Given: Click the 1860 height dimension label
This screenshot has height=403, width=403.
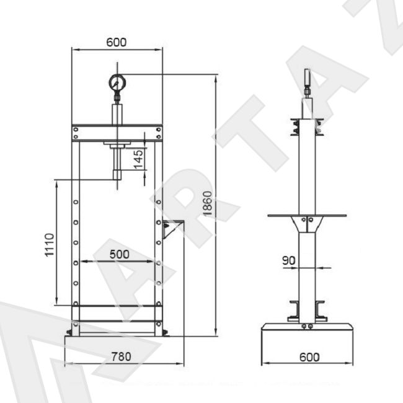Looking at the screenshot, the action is [x=208, y=203].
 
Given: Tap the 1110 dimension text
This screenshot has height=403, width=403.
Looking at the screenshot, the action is [x=50, y=245].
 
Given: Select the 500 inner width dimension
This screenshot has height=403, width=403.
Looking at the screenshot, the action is [x=120, y=254].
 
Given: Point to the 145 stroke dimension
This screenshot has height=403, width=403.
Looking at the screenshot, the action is [x=138, y=159].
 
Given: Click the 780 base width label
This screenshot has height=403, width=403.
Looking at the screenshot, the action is [x=121, y=356].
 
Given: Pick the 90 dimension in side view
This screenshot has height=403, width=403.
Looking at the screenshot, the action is [x=289, y=260].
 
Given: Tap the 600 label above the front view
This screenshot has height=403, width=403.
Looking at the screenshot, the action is [x=117, y=42].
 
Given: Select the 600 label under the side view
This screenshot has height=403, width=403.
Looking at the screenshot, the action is [x=309, y=357].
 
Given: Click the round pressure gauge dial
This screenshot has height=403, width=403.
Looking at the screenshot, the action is [x=117, y=82].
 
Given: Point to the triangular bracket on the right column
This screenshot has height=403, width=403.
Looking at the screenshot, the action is [x=171, y=229].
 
